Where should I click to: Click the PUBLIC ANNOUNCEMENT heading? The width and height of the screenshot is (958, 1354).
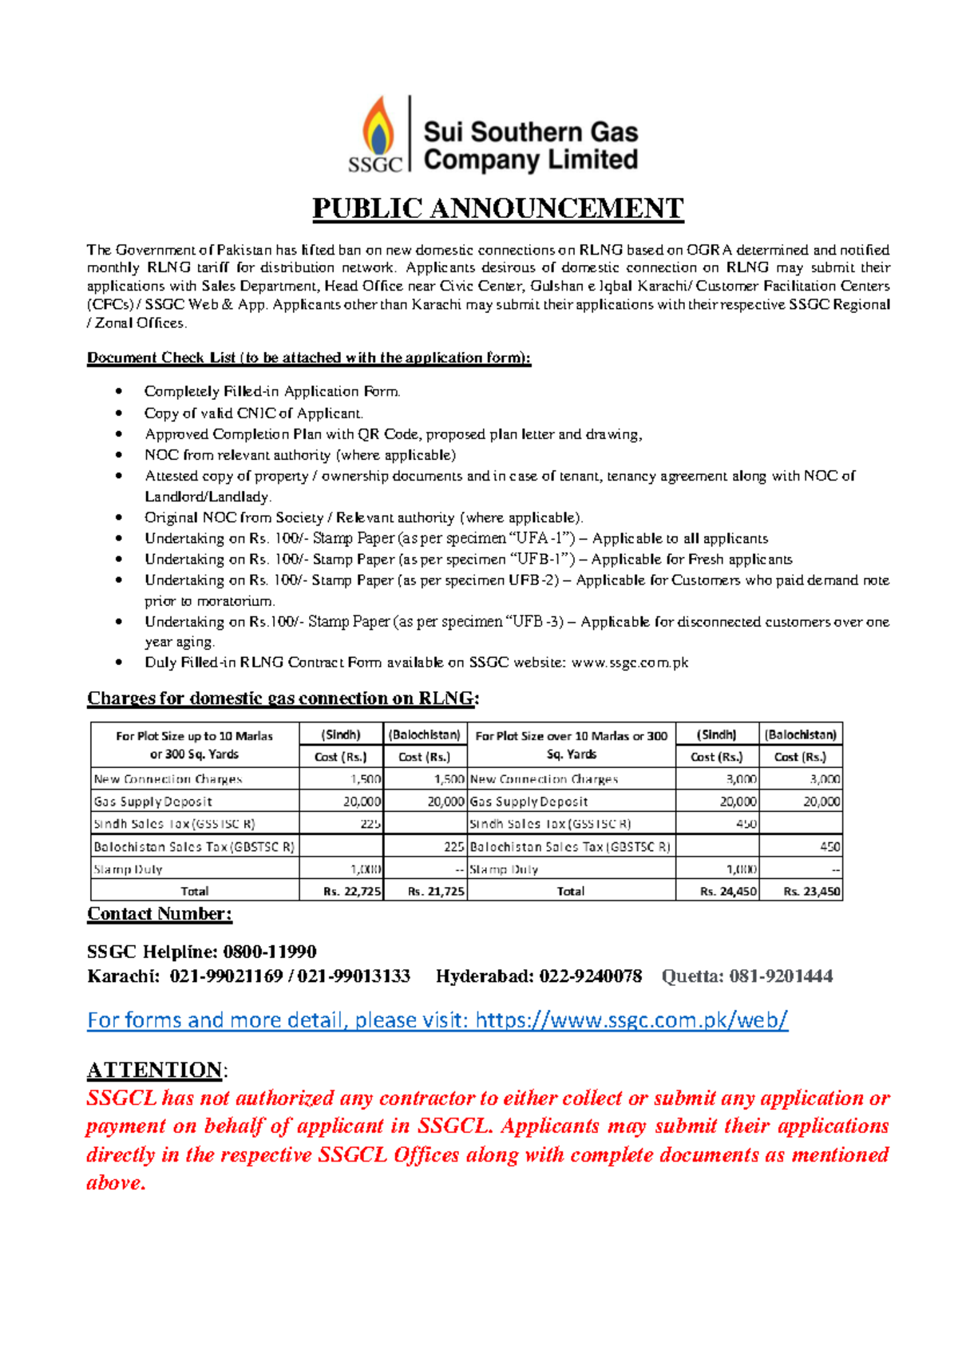(x=497, y=208)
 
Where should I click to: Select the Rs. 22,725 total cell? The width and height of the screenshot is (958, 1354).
(x=352, y=891)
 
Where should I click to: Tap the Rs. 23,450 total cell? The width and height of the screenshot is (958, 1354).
(x=811, y=891)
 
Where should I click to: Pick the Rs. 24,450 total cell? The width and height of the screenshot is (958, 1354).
(x=727, y=891)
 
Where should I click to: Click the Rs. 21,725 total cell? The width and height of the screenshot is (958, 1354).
(x=435, y=891)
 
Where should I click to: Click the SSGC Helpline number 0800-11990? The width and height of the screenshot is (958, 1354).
(x=270, y=952)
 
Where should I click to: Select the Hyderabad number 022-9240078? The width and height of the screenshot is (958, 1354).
(x=590, y=976)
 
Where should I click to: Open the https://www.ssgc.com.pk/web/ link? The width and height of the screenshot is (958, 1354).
(x=631, y=1020)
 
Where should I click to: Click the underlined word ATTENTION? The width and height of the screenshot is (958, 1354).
(x=154, y=1070)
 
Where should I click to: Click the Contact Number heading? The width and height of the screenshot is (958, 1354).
(x=159, y=914)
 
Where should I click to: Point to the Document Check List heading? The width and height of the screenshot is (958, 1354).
(x=308, y=358)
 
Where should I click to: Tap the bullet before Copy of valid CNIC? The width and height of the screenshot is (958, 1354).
(x=119, y=413)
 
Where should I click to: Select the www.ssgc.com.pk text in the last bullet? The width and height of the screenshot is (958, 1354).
(x=629, y=663)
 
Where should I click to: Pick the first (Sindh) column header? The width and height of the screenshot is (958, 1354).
(x=341, y=734)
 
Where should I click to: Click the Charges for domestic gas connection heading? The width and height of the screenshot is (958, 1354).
(x=283, y=699)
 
